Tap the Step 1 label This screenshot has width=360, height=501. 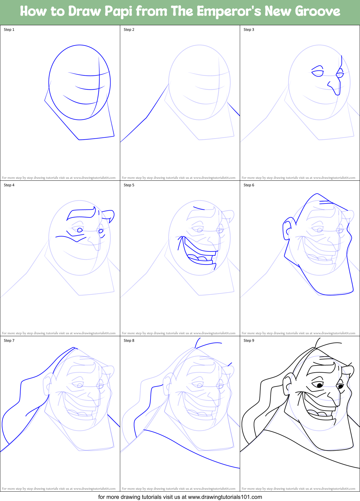9,30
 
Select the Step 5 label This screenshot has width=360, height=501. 129,185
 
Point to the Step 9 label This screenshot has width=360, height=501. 249,341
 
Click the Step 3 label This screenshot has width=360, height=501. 249,30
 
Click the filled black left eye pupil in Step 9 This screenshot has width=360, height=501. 319,386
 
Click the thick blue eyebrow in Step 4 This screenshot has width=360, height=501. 82,213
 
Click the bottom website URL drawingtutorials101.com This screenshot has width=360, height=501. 225,497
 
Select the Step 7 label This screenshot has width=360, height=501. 9,341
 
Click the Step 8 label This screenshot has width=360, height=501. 129,341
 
